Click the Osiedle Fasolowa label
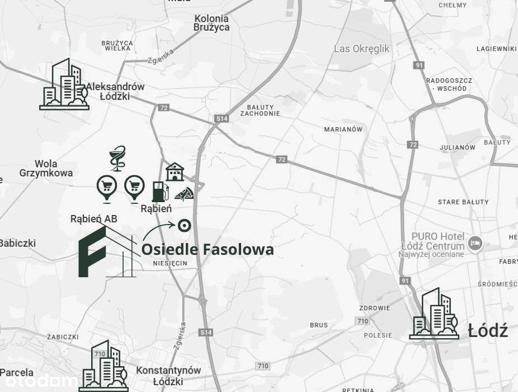[208, 249]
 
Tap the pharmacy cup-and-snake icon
[117, 158]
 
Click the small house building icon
[175, 171]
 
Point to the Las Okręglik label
[361, 49]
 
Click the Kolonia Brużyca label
[211, 23]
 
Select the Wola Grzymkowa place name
[46, 169]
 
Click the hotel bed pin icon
[475, 244]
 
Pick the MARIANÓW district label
[343, 129]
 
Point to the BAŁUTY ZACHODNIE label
[260, 110]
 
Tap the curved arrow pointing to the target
[158, 230]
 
